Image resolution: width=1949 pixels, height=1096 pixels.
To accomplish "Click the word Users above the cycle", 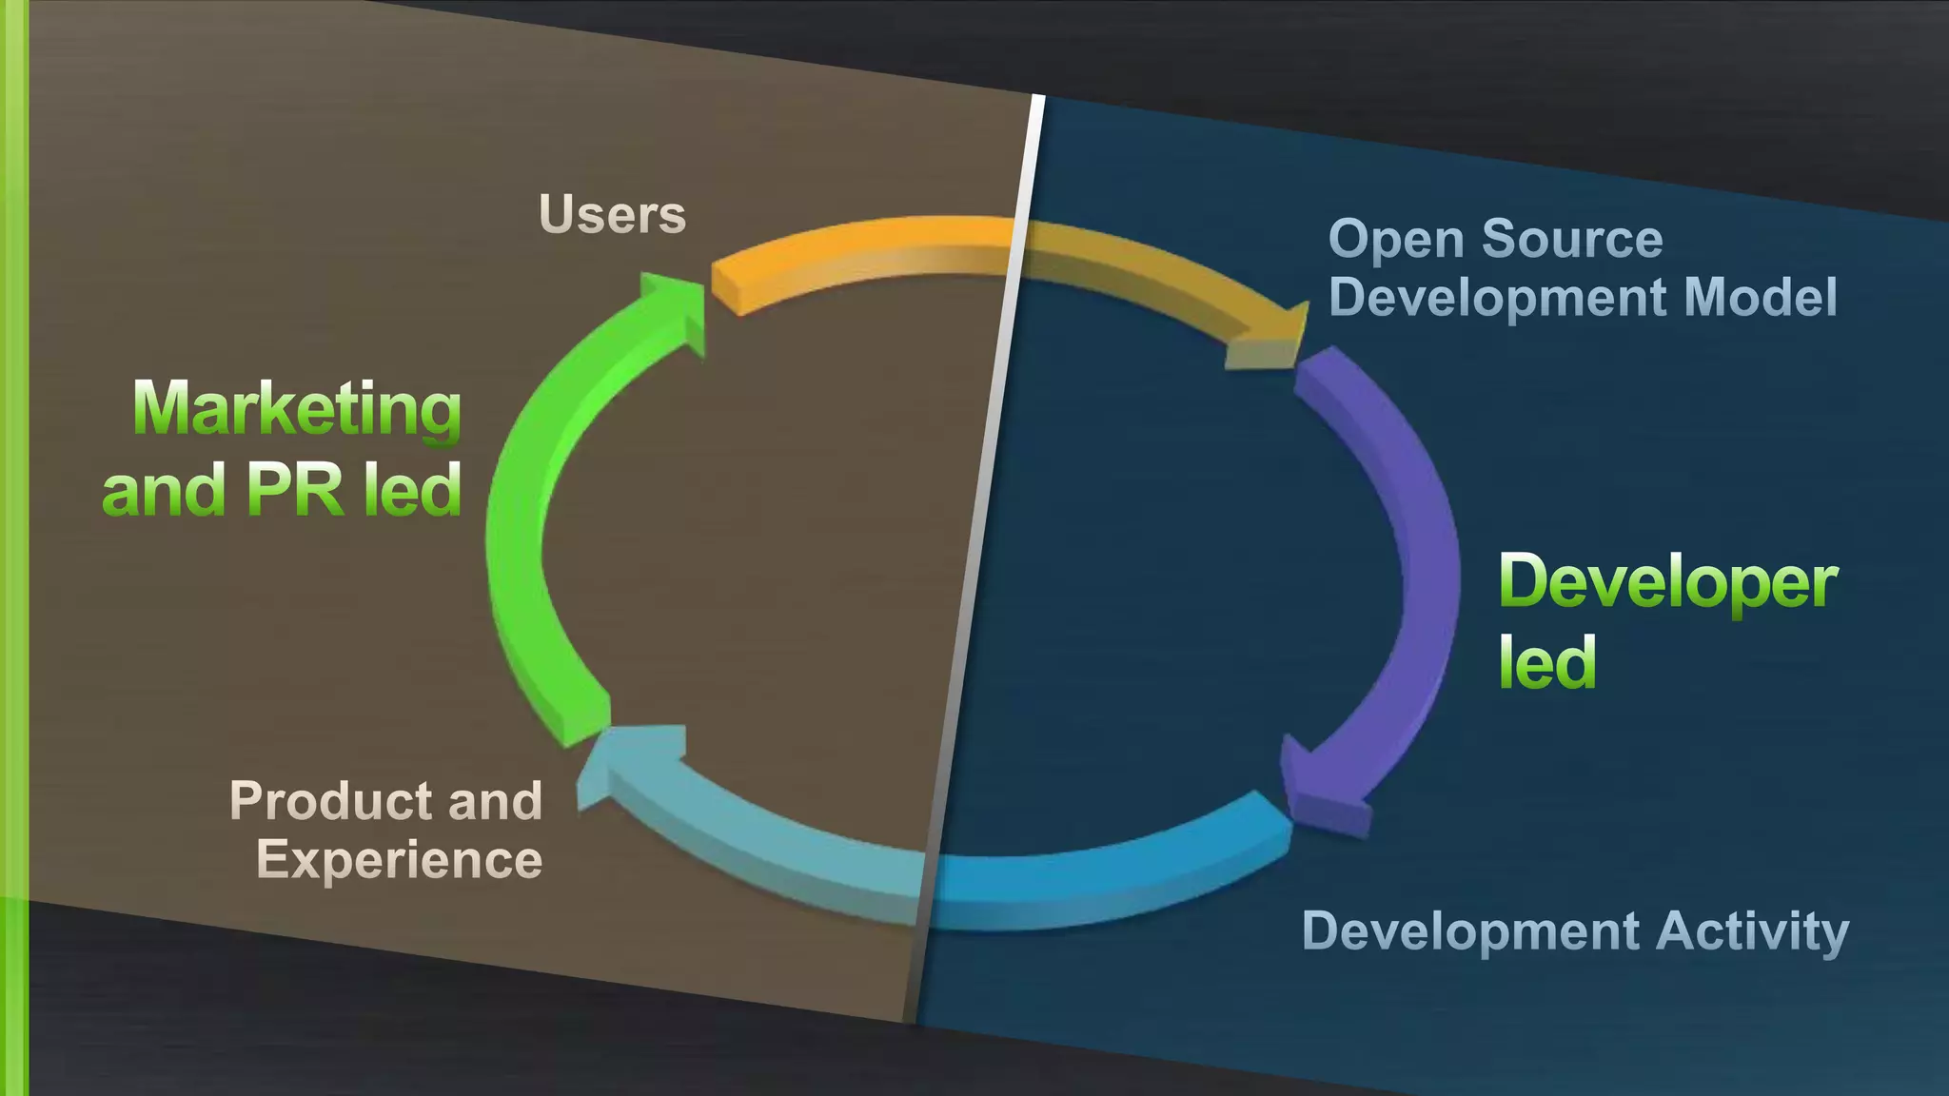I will click(x=612, y=215).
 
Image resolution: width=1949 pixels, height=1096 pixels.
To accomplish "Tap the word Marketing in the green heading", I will click(x=297, y=409).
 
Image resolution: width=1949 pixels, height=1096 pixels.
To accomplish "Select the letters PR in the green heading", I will click(x=294, y=490).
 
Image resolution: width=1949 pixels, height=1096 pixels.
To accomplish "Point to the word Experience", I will click(x=399, y=860).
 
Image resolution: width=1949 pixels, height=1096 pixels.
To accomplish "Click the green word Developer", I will click(x=1667, y=582).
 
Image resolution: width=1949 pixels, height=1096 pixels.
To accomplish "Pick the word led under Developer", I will click(x=1547, y=663).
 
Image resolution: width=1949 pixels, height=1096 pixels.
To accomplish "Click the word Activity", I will click(x=1753, y=930).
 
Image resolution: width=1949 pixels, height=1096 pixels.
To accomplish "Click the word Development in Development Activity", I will click(x=1470, y=930).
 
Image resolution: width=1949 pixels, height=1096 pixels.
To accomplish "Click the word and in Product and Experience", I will click(x=495, y=801).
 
